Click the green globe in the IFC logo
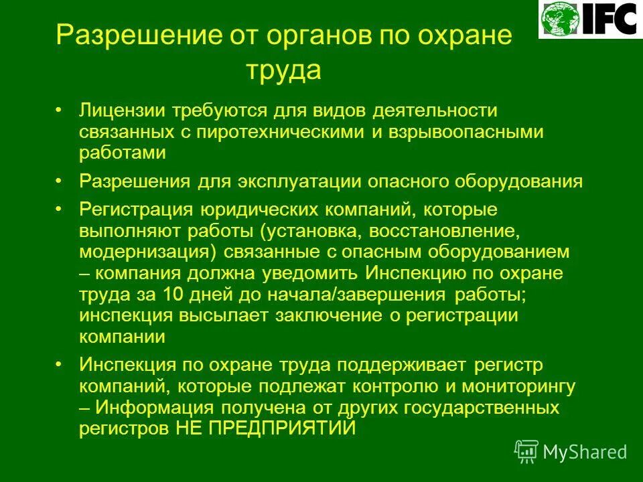(561, 19)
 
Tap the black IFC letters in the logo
(608, 19)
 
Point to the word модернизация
(139, 253)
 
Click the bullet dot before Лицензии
(59, 110)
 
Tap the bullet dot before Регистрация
(59, 210)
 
